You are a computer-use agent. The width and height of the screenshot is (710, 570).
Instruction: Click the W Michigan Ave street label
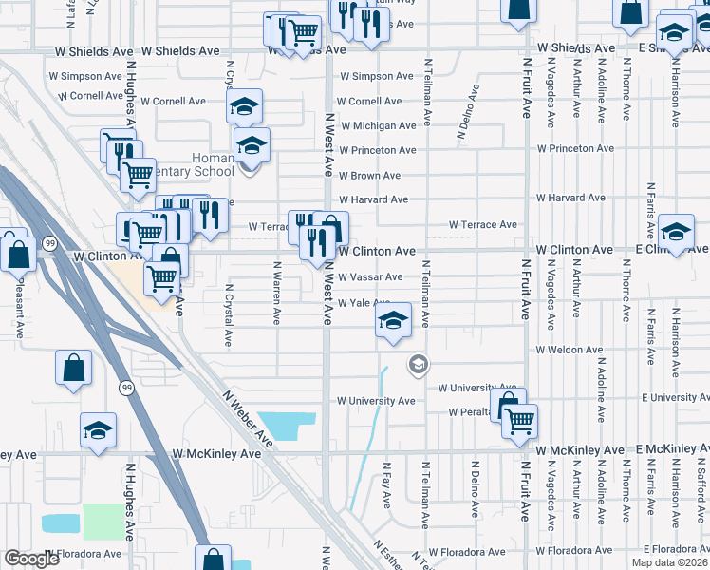click(379, 125)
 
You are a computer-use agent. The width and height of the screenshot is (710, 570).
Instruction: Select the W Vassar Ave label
click(371, 276)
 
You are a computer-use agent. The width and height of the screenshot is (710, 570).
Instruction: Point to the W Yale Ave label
click(364, 302)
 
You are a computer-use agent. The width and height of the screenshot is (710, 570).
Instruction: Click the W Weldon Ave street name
click(569, 350)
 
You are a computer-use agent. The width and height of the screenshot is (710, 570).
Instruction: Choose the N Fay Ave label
click(386, 484)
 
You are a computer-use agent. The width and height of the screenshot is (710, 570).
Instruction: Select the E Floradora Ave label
click(675, 550)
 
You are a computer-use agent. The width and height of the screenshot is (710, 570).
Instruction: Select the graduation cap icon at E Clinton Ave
click(676, 231)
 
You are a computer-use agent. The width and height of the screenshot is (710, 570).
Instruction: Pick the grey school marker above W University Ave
click(417, 364)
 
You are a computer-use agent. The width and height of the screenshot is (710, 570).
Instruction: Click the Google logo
click(32, 559)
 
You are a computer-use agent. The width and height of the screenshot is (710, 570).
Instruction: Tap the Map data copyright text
click(669, 562)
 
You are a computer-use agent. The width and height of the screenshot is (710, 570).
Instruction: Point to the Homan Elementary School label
click(198, 164)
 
